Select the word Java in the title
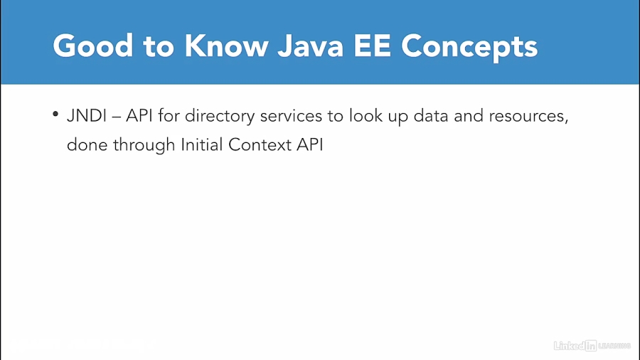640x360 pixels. [x=316, y=46]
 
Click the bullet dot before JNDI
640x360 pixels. [x=55, y=116]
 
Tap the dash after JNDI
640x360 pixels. [x=116, y=117]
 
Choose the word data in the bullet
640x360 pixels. [x=431, y=116]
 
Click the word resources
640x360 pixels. [x=528, y=116]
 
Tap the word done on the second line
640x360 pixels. [x=86, y=144]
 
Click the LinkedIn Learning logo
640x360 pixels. [x=592, y=346]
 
